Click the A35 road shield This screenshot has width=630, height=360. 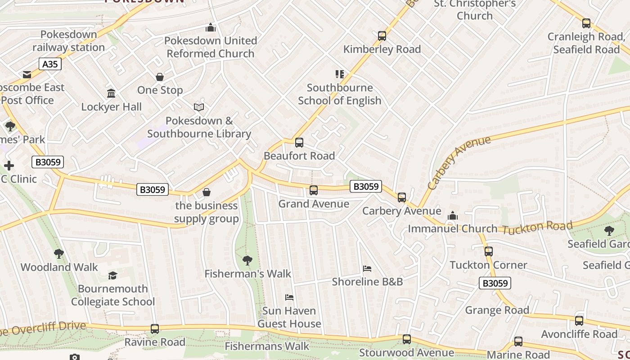(49, 64)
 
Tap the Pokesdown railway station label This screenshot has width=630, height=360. (68, 41)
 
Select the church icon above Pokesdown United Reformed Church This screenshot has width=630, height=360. (210, 28)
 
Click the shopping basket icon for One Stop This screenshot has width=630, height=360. (160, 77)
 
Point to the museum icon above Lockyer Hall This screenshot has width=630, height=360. (111, 94)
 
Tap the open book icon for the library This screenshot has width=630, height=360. (199, 107)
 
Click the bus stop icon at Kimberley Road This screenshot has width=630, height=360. (382, 36)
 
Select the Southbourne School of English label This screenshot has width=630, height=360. (339, 94)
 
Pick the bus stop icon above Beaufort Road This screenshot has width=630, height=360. (299, 143)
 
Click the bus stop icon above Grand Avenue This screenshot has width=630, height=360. (314, 190)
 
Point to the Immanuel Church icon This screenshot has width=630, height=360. (453, 216)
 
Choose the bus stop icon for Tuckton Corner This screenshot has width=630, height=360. (489, 252)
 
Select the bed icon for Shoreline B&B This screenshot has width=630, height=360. (367, 269)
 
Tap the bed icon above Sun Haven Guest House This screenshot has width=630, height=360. (289, 297)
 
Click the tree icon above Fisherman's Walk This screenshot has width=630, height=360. (247, 260)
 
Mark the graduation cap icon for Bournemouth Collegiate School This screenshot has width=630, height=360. (112, 275)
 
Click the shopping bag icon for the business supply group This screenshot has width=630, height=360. (207, 193)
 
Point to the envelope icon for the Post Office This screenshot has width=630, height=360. (27, 74)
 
